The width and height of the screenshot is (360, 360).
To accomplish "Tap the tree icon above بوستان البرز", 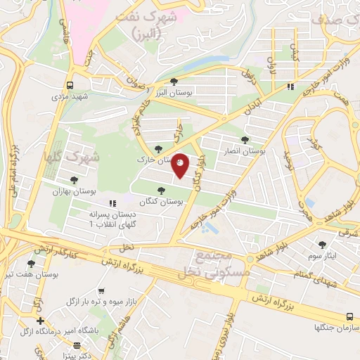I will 174,82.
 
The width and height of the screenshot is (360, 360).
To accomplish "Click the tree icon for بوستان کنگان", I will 162,190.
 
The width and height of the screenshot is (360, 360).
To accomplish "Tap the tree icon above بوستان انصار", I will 245,139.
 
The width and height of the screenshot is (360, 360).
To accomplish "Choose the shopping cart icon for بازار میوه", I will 102,290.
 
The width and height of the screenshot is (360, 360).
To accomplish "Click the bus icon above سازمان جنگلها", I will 349,317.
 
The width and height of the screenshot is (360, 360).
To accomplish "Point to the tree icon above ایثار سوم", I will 323,244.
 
